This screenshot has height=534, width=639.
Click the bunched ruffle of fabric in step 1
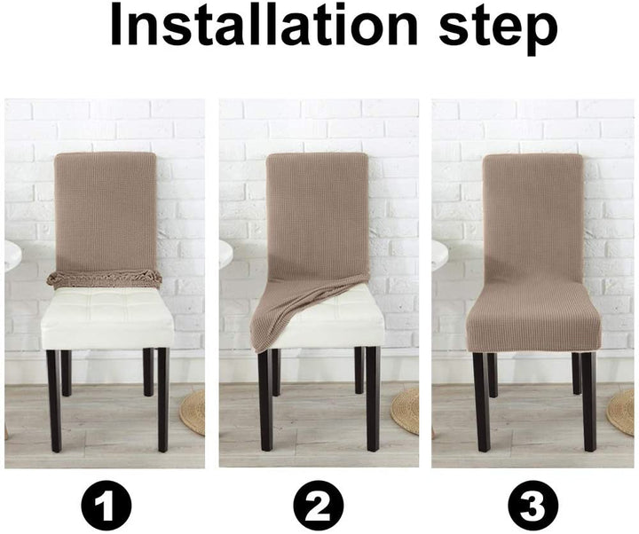click(x=105, y=279)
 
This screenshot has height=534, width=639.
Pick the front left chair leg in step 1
click(x=54, y=399)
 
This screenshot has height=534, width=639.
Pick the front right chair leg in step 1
click(x=162, y=399)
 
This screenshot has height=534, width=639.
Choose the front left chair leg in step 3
click(x=480, y=399)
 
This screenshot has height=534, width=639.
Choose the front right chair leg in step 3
click(x=588, y=399)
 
